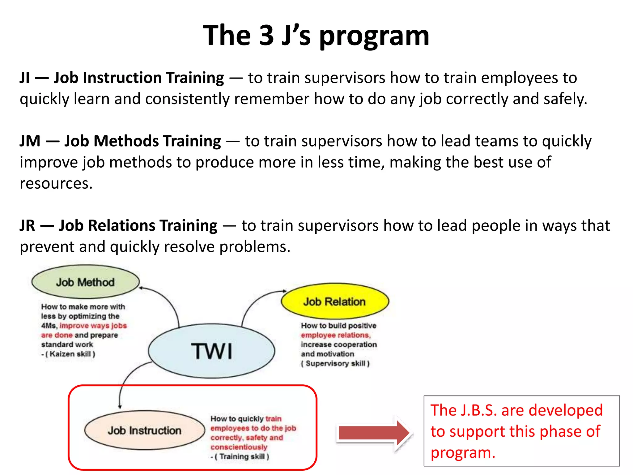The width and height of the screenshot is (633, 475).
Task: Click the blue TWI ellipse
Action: (x=211, y=351)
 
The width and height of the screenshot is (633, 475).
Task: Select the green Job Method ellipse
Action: (x=85, y=282)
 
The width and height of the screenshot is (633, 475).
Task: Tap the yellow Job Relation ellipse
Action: (x=334, y=301)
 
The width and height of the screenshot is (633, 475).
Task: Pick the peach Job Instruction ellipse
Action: (x=144, y=430)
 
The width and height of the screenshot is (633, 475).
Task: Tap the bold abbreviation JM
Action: (x=30, y=141)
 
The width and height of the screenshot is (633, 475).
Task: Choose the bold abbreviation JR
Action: (x=28, y=225)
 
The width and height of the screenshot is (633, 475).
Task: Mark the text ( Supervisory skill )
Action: (x=335, y=363)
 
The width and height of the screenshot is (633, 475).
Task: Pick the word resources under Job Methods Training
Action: (x=56, y=183)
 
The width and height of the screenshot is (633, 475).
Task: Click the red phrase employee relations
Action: (x=335, y=335)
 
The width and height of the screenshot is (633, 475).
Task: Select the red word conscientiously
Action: (x=239, y=447)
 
